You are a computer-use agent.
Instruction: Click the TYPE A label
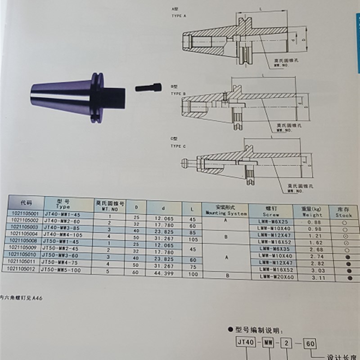point(180,15)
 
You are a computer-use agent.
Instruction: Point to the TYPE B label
point(179,93)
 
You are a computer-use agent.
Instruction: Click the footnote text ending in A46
point(21,297)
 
